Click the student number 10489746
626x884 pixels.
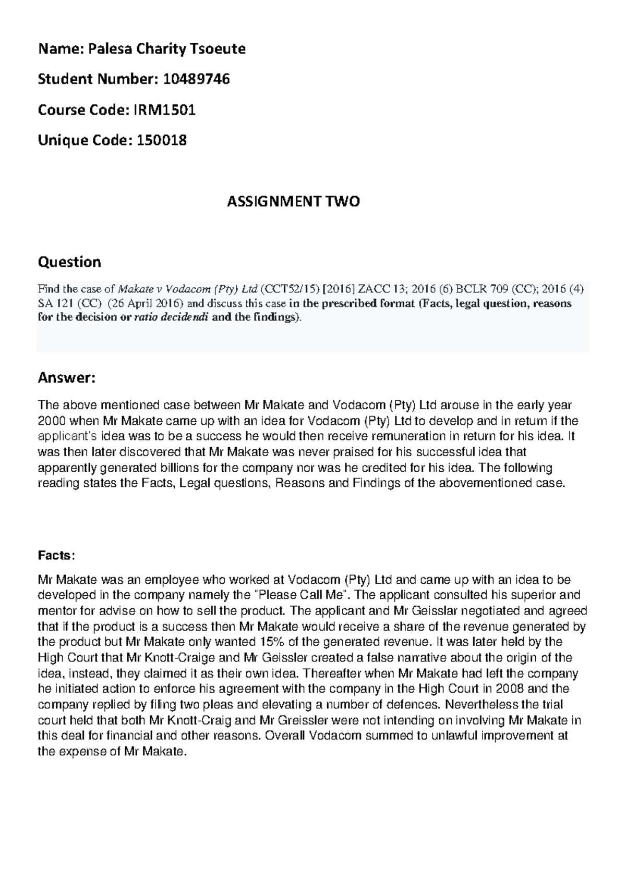196,79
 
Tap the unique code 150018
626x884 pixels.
161,140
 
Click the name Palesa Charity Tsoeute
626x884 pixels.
166,49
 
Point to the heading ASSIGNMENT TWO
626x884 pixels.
293,202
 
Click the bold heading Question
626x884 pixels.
69,261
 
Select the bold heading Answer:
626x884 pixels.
67,378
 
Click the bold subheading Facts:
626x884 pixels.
56,556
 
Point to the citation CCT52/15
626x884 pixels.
290,289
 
